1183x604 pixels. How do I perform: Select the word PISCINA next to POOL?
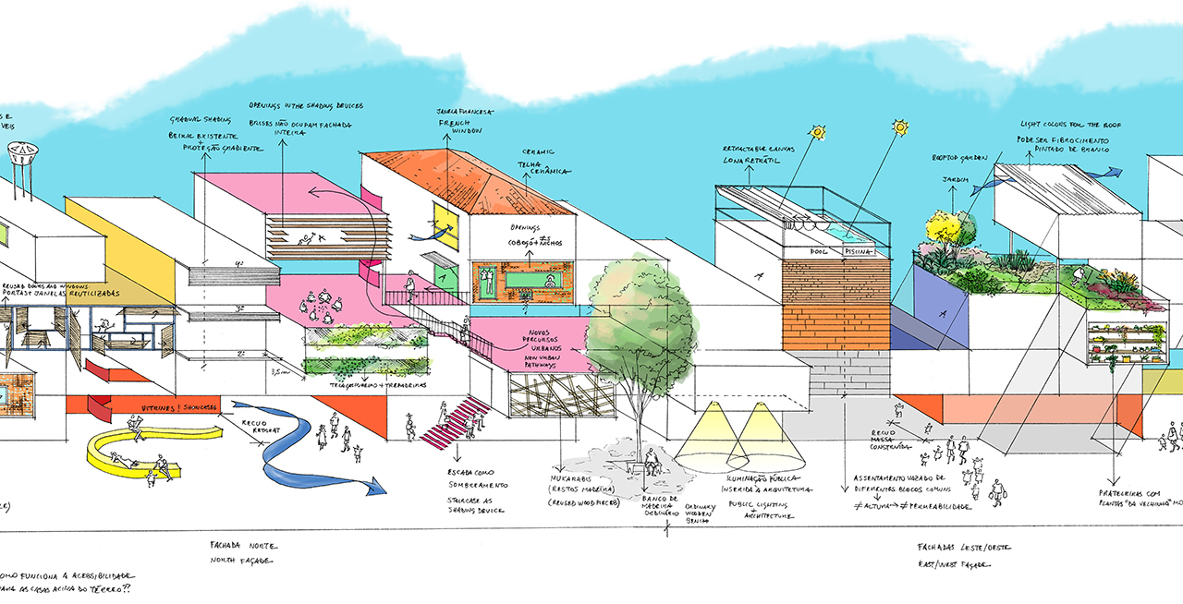856,249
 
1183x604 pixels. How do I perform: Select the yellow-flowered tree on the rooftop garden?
942,226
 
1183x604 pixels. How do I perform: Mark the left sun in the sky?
816,133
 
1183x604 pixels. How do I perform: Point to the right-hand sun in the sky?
899,127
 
